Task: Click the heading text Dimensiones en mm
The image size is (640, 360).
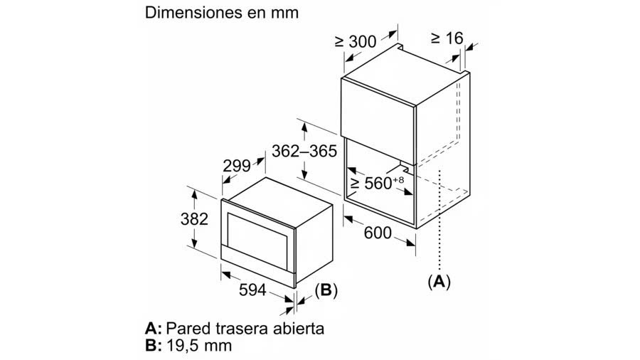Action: pyautogui.click(x=222, y=13)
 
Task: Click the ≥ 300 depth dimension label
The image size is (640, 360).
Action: pyautogui.click(x=355, y=42)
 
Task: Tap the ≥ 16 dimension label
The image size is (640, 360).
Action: pyautogui.click(x=447, y=38)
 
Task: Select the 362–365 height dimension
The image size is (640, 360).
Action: pyautogui.click(x=304, y=152)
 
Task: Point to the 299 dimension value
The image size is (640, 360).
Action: pyautogui.click(x=237, y=166)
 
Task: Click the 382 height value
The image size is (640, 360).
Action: pyautogui.click(x=194, y=219)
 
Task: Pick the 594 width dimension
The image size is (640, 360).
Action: pyautogui.click(x=252, y=290)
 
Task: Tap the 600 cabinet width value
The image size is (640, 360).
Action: pyautogui.click(x=378, y=233)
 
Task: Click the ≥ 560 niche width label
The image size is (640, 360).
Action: pyautogui.click(x=377, y=182)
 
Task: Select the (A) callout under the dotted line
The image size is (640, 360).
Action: pyautogui.click(x=439, y=282)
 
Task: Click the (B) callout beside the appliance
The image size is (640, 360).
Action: pyautogui.click(x=326, y=290)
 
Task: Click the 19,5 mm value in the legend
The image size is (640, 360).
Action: pyautogui.click(x=199, y=346)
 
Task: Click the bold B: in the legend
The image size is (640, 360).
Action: pyautogui.click(x=154, y=346)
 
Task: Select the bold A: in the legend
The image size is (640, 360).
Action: pyautogui.click(x=154, y=329)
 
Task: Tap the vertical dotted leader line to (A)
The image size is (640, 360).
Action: pyautogui.click(x=439, y=221)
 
